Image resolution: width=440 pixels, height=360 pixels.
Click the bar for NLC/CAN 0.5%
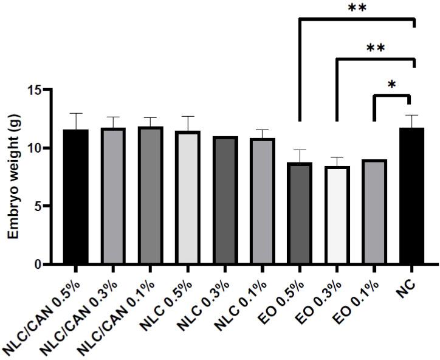pos(75,197)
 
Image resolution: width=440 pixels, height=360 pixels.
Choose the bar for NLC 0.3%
pos(224,201)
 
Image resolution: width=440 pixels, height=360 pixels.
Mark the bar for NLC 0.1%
pos(262,201)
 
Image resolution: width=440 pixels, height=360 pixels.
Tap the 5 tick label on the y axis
pos(39,206)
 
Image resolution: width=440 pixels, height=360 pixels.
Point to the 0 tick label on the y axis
pos(39,265)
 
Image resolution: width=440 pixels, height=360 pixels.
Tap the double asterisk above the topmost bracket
pos(357,9)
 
